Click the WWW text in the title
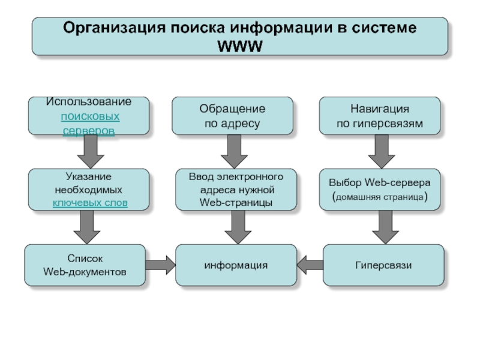pyautogui.click(x=239, y=46)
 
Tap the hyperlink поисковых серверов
pyautogui.click(x=89, y=124)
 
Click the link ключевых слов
pyautogui.click(x=90, y=203)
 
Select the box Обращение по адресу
pyautogui.click(x=232, y=116)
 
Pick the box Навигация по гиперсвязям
pyautogui.click(x=380, y=116)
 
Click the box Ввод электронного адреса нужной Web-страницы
pyautogui.click(x=236, y=190)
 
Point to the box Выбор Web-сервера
pyautogui.click(x=380, y=190)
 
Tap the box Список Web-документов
pyautogui.click(x=85, y=265)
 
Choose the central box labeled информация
pyautogui.click(x=236, y=265)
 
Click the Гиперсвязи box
pyautogui.click(x=383, y=265)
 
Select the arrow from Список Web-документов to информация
pyautogui.click(x=160, y=265)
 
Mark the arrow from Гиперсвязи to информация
pyautogui.click(x=310, y=265)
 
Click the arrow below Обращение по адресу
pyautogui.click(x=234, y=152)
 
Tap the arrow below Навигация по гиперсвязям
pyautogui.click(x=382, y=152)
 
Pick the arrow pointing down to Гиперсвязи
pyautogui.click(x=385, y=227)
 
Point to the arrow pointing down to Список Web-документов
pyautogui.click(x=87, y=227)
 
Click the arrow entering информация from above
pyautogui.click(x=238, y=227)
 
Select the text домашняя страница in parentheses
pyautogui.click(x=380, y=197)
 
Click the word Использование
pyautogui.click(x=89, y=101)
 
